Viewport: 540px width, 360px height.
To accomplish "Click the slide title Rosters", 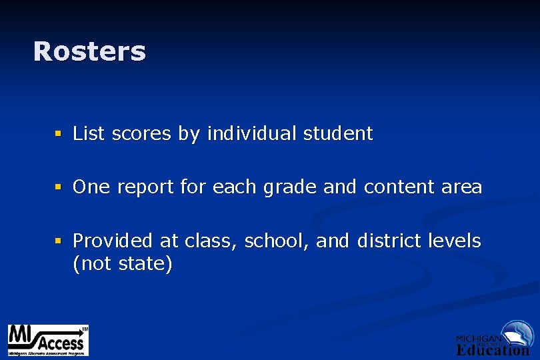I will click(x=89, y=51).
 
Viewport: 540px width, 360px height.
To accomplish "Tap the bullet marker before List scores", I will click(x=59, y=134).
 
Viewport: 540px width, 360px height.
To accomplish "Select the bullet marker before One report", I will click(x=59, y=187).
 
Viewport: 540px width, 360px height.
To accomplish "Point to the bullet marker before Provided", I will click(x=59, y=241).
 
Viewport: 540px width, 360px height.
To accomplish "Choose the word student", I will click(x=338, y=133).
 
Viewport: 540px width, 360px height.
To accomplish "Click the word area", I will click(x=461, y=188).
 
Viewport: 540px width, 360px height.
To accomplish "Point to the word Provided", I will click(x=113, y=240).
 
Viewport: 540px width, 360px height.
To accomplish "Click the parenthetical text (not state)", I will click(x=123, y=264).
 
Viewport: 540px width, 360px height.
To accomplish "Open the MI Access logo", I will click(x=48, y=340).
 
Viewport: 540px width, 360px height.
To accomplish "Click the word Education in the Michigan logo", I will click(x=493, y=350).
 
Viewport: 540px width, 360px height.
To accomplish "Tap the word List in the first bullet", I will click(x=89, y=133).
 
